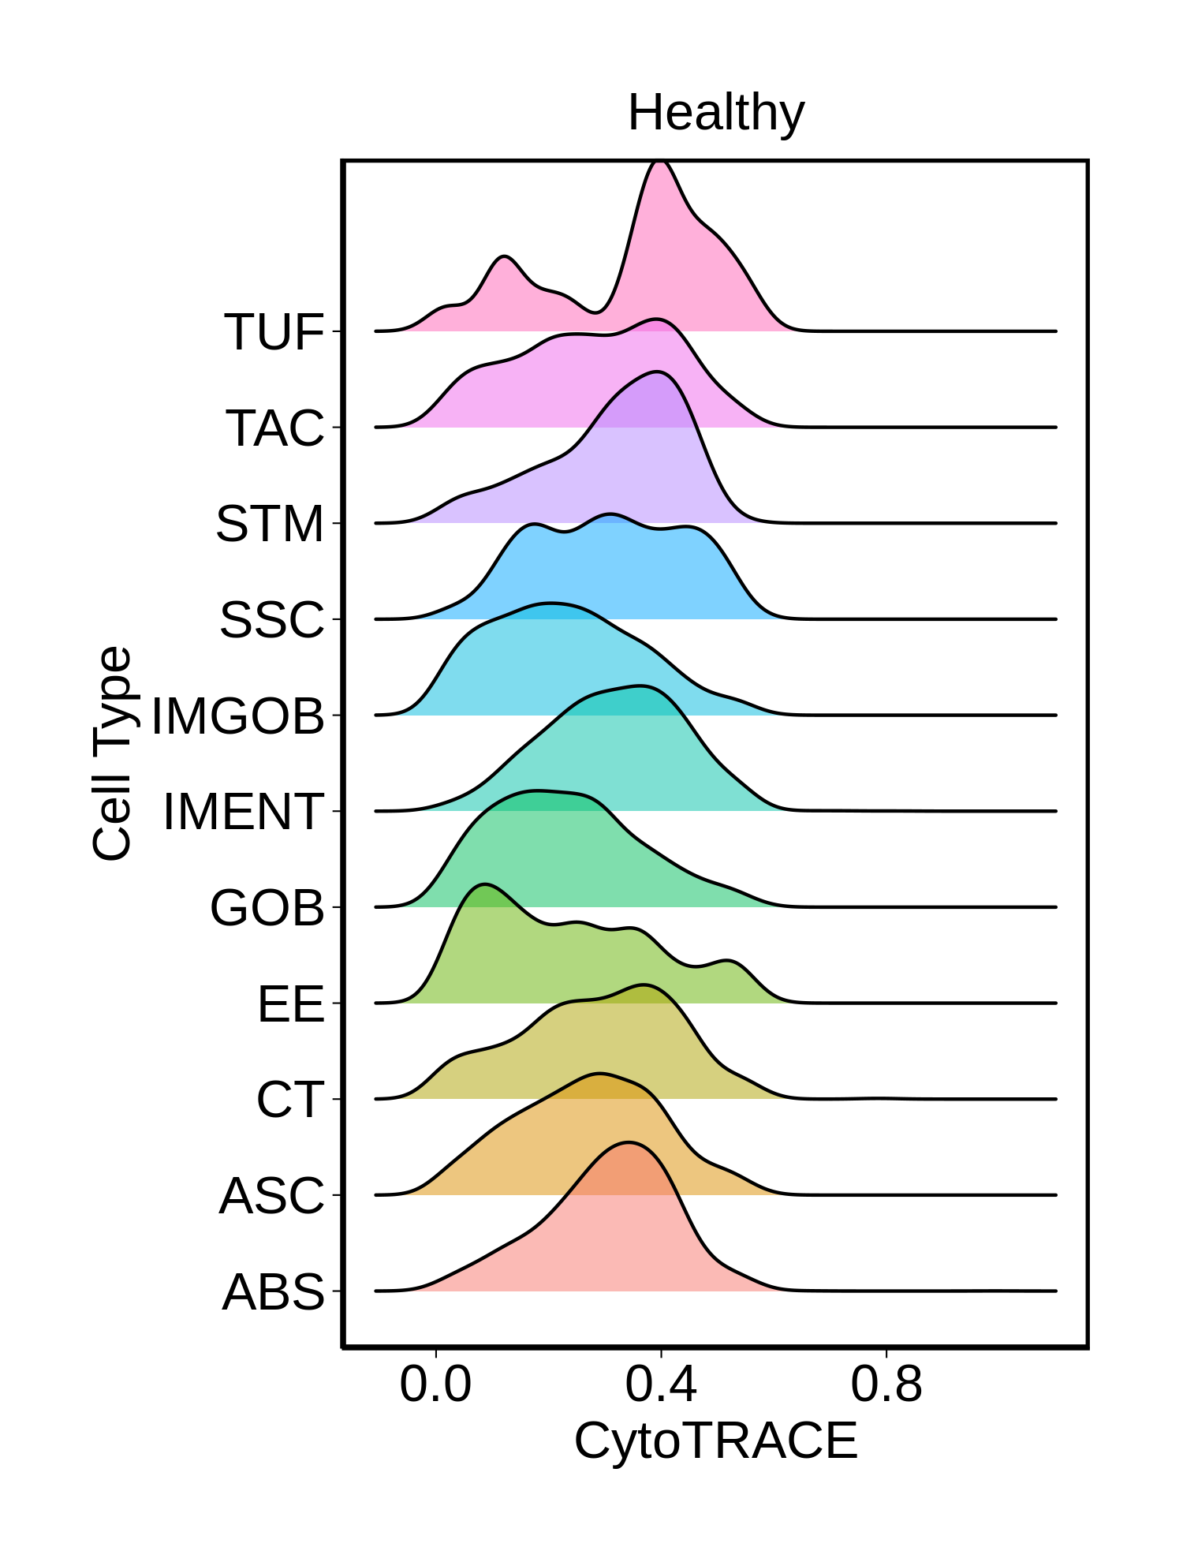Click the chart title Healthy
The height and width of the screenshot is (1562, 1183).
click(x=715, y=113)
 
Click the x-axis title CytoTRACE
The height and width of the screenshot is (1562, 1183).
click(x=715, y=1441)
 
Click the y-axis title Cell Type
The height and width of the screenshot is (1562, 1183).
click(x=112, y=753)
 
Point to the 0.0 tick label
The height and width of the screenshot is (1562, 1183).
click(x=435, y=1384)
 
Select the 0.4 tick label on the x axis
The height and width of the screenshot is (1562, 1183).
click(x=661, y=1384)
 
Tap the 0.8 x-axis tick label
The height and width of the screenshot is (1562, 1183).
click(x=886, y=1384)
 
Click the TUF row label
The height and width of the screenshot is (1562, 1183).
click(x=274, y=332)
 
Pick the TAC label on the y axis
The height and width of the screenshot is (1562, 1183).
click(x=275, y=428)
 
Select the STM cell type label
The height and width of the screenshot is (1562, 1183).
click(x=270, y=524)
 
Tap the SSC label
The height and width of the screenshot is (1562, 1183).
click(x=272, y=620)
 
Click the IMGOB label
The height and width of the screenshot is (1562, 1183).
click(x=238, y=716)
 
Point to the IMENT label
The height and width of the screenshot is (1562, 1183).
click(x=244, y=812)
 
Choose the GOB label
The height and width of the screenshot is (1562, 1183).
click(x=267, y=908)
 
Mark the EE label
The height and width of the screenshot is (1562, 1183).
click(x=291, y=1004)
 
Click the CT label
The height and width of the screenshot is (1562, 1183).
click(x=290, y=1100)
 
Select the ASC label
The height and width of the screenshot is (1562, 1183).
click(x=272, y=1196)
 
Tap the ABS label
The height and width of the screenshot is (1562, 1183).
click(x=274, y=1292)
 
